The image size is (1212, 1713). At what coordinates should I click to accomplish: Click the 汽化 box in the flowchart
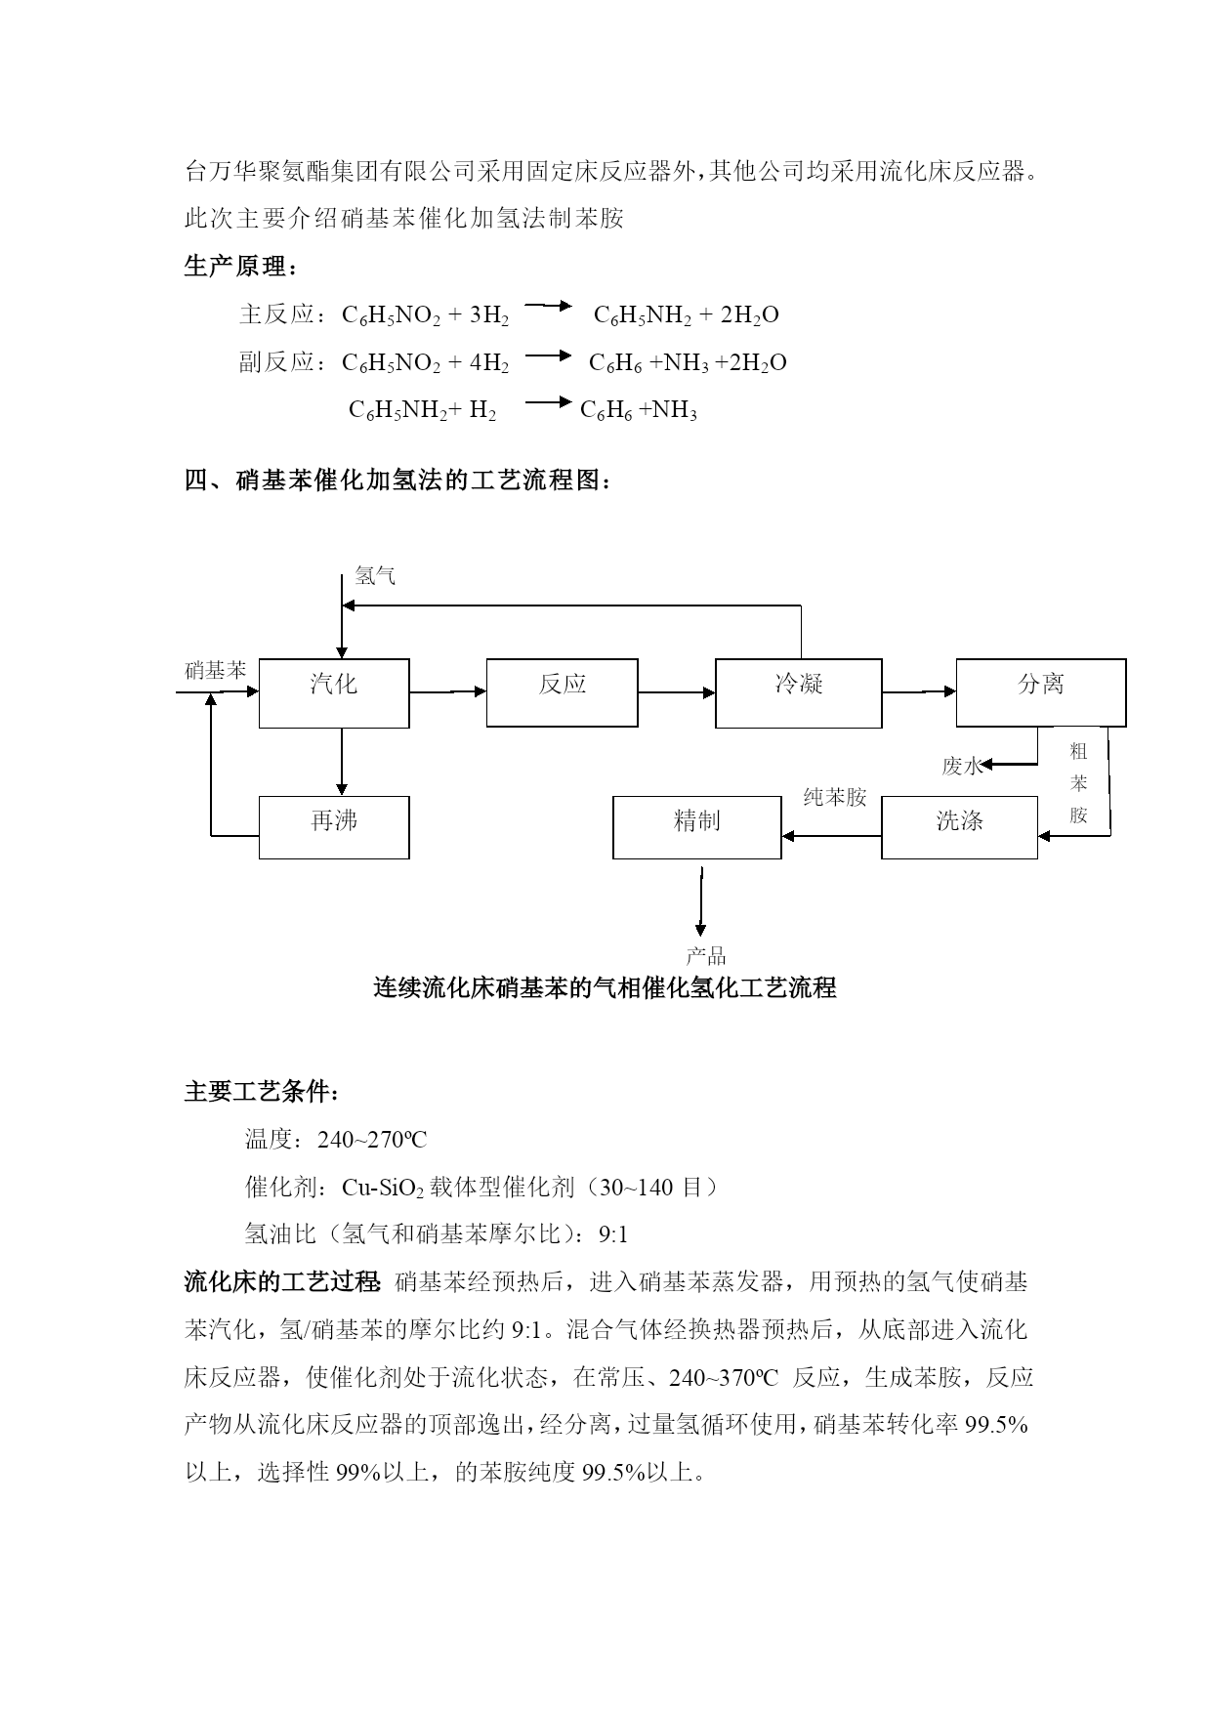334,692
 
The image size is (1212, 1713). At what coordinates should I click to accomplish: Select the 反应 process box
562,692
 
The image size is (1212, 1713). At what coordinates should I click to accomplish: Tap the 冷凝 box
798,692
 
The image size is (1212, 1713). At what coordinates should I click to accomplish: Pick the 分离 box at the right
1040,691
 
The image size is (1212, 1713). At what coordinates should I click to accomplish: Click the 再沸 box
334,827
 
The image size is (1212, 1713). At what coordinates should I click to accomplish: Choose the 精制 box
696,827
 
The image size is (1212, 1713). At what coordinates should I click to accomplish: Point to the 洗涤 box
959,827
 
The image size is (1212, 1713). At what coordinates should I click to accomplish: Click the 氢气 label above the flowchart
375,576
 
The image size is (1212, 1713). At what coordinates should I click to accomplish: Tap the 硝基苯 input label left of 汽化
216,671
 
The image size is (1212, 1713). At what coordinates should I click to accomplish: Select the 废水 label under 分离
961,766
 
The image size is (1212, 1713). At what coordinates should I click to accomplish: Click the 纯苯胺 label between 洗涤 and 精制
835,797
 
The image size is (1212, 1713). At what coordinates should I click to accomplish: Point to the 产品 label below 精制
705,956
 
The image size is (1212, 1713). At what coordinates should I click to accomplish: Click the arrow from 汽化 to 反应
447,692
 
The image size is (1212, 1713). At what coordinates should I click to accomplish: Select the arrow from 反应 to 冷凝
676,692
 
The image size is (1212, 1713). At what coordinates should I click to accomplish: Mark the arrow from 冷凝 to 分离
918,692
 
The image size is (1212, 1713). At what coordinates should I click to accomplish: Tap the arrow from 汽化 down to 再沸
341,761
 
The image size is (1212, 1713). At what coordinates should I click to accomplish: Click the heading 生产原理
239,266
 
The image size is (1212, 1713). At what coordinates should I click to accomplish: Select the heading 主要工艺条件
262,1092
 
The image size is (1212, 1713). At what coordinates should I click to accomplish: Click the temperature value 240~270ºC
372,1140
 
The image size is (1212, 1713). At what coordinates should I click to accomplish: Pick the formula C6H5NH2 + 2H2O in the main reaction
686,314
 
